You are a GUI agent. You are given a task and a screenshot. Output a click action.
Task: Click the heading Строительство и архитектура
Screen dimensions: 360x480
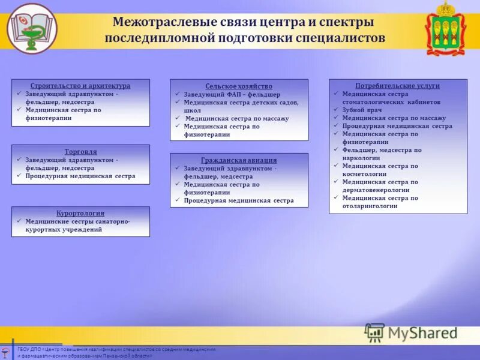(x=80, y=86)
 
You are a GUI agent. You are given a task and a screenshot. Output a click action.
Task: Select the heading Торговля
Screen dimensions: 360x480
(x=80, y=152)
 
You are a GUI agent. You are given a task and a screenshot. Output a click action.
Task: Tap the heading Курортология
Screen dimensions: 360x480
(x=80, y=213)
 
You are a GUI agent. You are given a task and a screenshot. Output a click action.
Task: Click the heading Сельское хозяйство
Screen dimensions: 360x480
(x=239, y=86)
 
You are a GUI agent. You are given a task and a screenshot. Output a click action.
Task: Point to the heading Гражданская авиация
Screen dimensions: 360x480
(x=239, y=160)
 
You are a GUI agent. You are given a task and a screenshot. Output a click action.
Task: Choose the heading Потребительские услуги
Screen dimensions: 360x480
(x=397, y=86)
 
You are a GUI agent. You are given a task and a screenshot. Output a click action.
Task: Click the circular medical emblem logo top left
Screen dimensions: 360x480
(x=32, y=28)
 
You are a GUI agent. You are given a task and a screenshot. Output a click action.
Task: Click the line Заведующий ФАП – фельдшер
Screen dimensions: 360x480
(x=232, y=95)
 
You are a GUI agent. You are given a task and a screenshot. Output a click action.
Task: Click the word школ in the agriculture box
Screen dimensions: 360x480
(x=193, y=110)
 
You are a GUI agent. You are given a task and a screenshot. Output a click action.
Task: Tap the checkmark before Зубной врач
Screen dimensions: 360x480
(x=336, y=110)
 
